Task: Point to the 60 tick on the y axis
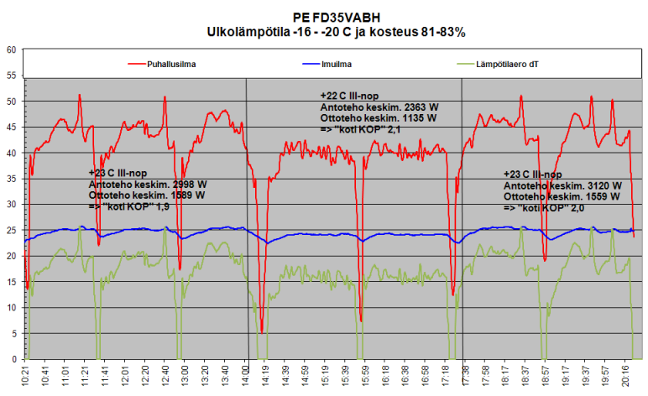pos(12,49)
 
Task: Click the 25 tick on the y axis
pos(12,231)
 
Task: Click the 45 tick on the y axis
pos(12,128)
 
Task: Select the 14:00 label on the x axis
pos(246,374)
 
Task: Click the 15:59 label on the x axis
pos(361,374)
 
